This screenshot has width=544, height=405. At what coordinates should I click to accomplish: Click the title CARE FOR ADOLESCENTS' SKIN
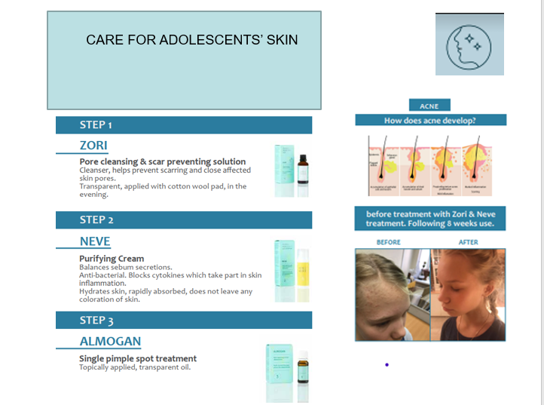point(191,40)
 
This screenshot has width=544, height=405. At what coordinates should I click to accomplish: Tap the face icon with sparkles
point(469,44)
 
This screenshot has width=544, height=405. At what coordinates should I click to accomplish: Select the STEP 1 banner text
point(96,125)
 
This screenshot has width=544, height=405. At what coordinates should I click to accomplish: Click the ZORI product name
point(93,146)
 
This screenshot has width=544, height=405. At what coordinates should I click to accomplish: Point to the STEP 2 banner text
point(96,220)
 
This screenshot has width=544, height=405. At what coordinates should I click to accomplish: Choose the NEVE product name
point(95,241)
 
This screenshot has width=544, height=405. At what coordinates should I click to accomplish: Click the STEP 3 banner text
point(96,321)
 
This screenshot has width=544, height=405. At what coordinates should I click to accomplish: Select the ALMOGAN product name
point(110,342)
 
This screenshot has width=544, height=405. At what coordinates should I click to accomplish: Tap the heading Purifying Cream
point(112,259)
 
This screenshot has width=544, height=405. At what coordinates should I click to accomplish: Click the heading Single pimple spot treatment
point(138,359)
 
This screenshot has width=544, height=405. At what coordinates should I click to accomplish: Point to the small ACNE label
point(429,106)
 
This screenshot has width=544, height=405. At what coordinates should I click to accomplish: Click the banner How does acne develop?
point(430,120)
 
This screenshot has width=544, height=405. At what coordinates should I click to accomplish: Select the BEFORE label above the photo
point(389,242)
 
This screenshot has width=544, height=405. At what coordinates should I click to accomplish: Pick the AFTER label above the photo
point(468,242)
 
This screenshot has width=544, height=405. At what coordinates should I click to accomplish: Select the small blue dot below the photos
point(387,365)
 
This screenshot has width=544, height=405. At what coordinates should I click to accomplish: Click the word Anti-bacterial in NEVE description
point(99,275)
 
